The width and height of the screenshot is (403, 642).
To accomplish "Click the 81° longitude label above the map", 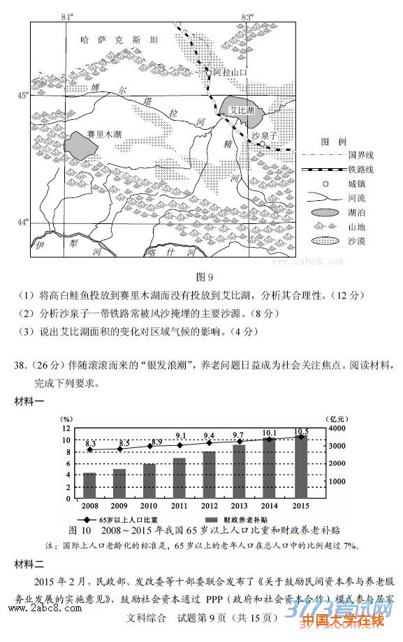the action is pos(68,15).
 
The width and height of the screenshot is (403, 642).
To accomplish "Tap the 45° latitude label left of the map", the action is pos(22,96).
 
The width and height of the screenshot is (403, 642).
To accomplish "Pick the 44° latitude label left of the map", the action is pos(22,223).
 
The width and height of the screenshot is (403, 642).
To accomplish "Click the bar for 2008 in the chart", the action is pos(89,486).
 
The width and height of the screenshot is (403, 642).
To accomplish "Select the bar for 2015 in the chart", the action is pos(301,467).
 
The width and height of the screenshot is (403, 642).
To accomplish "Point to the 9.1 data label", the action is pos(181,435).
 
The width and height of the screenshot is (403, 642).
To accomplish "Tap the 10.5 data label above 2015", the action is pos(301,431).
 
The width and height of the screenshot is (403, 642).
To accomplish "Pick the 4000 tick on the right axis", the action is pos(337,428).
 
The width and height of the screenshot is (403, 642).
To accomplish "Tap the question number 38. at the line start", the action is pos(22,365).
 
